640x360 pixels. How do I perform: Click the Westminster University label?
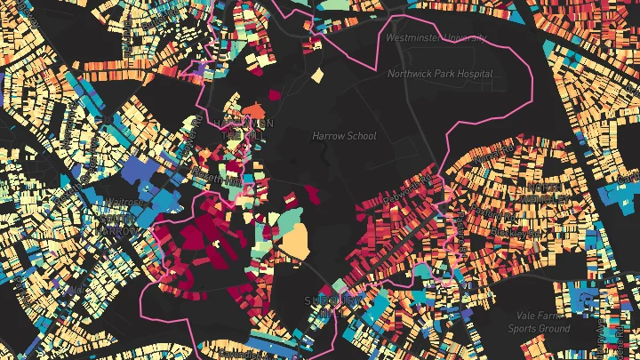pyautogui.click(x=436, y=38)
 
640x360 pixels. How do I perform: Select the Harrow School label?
pyautogui.click(x=344, y=136)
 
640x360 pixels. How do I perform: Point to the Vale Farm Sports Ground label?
pyautogui.click(x=539, y=323)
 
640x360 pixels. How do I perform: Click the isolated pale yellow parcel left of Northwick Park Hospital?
pyautogui.click(x=318, y=75)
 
